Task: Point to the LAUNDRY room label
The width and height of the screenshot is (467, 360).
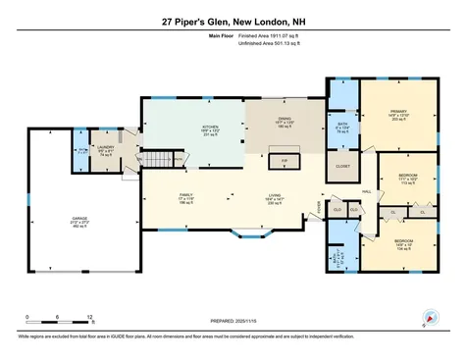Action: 105,151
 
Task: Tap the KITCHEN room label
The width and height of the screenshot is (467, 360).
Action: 182,129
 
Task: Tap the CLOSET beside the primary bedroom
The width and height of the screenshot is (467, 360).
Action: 342,166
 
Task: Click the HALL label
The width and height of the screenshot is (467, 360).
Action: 365,191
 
